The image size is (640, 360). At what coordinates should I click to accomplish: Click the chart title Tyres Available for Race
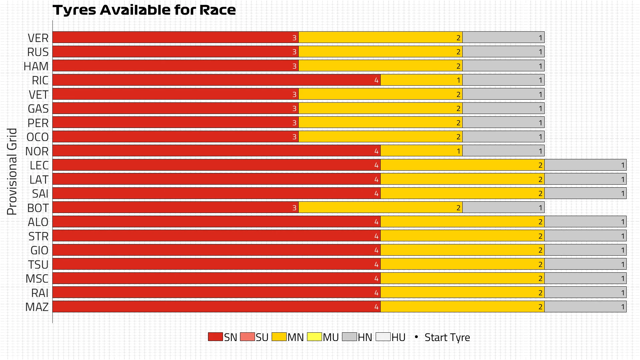click(144, 10)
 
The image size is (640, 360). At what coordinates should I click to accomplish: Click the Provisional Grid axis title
click(12, 171)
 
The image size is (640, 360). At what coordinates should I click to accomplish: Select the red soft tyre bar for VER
click(175, 37)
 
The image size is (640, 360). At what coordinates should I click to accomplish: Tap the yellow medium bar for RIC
click(421, 80)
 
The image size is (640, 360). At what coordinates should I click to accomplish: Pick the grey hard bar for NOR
click(503, 151)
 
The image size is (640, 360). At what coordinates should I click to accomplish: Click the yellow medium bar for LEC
click(462, 165)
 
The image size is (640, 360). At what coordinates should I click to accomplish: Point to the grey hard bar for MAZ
click(585, 307)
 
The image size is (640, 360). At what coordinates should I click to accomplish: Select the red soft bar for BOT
click(175, 208)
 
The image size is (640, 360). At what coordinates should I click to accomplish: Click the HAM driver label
click(36, 66)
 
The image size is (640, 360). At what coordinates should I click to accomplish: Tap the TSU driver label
click(38, 265)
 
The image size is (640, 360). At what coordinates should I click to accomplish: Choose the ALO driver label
click(38, 222)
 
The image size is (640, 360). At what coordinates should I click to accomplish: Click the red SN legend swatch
click(215, 337)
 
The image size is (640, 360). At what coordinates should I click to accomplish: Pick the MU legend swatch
click(314, 337)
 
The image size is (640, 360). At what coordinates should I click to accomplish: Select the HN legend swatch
click(349, 337)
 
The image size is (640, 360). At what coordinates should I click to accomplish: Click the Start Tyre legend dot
click(416, 337)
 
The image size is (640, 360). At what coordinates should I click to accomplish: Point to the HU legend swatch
click(383, 337)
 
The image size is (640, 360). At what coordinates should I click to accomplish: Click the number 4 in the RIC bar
click(376, 80)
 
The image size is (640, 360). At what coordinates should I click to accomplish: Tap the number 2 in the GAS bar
click(458, 109)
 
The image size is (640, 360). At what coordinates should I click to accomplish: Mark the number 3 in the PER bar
click(294, 123)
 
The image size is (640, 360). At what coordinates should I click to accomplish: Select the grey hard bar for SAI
click(585, 193)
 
